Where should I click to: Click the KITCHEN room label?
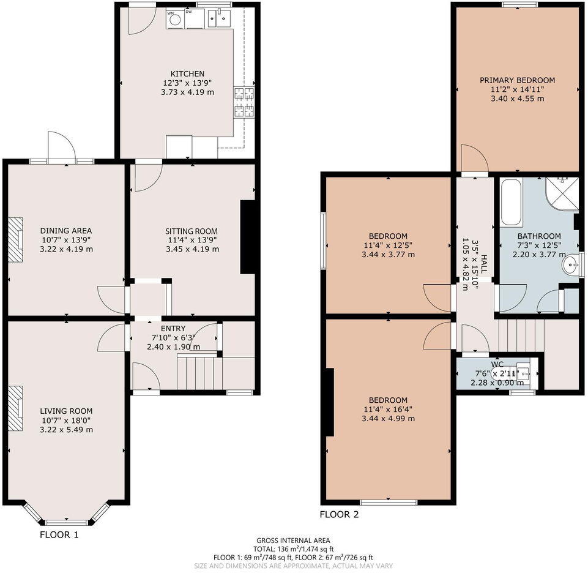point(187,73)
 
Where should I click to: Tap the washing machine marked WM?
point(175,19)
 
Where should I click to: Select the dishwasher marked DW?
point(195,19)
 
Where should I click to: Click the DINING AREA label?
point(66,230)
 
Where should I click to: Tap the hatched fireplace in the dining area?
point(15,240)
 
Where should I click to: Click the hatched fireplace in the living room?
point(15,408)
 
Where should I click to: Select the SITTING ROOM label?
point(192,231)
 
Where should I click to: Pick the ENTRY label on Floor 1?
point(173,329)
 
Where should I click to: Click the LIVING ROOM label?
point(66,411)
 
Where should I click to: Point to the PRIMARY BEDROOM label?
point(518,80)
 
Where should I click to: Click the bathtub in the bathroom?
point(512,203)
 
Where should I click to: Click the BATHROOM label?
point(539,236)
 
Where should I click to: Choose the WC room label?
point(497,364)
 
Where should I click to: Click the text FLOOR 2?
point(339,514)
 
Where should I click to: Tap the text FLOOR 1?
point(59,534)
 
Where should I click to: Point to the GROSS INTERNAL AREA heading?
point(293,541)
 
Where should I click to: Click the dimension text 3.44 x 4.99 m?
point(388,418)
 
